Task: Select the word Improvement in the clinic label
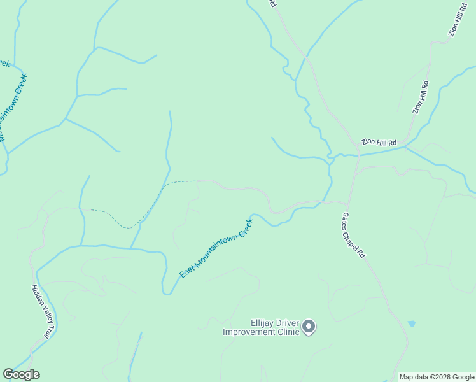(x=249, y=332)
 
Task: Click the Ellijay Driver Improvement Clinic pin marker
(x=309, y=327)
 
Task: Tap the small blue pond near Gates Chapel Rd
(x=412, y=323)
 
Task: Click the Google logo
(x=21, y=374)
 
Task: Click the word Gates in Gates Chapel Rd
(x=347, y=218)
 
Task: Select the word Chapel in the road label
(x=355, y=234)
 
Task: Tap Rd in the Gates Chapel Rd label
(x=362, y=251)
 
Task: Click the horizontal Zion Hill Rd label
(x=379, y=142)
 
